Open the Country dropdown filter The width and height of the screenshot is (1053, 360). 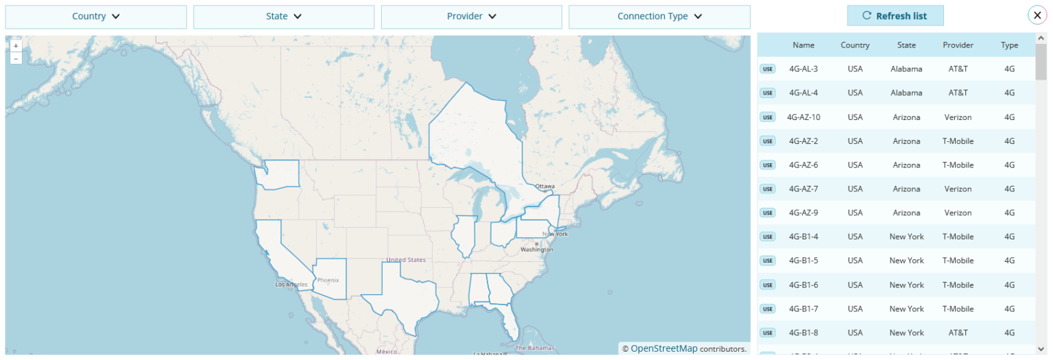click(x=96, y=16)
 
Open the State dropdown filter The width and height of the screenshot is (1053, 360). click(x=284, y=16)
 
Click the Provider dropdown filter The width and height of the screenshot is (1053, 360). click(x=472, y=16)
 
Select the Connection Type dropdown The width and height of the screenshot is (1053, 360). click(x=659, y=16)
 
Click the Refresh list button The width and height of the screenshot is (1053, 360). click(x=895, y=16)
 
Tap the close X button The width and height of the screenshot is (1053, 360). click(x=1037, y=15)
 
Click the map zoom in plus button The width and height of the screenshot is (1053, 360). click(x=16, y=46)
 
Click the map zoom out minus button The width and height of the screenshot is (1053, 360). click(x=16, y=58)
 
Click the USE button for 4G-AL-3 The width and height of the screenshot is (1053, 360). click(x=767, y=69)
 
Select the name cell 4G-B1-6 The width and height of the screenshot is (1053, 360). click(x=803, y=285)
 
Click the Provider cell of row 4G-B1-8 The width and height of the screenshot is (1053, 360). click(x=958, y=333)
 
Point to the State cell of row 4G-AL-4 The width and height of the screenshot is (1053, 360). click(x=906, y=93)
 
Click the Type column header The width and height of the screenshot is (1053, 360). click(x=1009, y=45)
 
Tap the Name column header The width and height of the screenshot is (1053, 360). click(x=803, y=45)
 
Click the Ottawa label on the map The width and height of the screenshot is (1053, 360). click(x=545, y=186)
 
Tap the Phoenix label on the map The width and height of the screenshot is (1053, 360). click(x=328, y=280)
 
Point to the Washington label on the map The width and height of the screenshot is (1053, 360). click(x=537, y=250)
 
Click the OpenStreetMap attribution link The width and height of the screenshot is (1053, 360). click(x=664, y=348)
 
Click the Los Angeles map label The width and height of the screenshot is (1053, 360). click(x=291, y=285)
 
